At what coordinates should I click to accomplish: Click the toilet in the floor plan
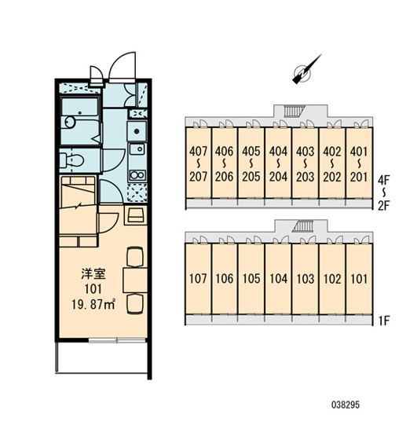point(71,161)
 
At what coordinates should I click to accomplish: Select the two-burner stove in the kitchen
point(137,175)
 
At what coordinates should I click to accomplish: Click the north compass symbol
point(305,71)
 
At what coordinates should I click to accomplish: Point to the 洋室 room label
point(93,274)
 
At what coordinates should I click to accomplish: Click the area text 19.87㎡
point(93,305)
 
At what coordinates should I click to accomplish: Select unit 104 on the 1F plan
point(278,279)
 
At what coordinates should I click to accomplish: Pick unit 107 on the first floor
point(198,279)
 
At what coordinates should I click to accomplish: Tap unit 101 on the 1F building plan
point(359,279)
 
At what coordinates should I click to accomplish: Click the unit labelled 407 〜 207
point(198,163)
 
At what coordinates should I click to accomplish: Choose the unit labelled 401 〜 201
point(359,163)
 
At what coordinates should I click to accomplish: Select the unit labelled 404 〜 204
point(278,163)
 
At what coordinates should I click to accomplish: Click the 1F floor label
point(384,321)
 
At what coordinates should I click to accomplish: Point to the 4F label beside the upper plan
point(384,181)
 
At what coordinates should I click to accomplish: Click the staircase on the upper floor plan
point(291,112)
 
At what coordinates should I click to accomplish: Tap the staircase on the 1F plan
point(303,226)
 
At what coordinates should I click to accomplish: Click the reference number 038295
point(346,405)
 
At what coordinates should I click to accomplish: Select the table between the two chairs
point(135,280)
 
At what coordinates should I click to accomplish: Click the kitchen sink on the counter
point(137,149)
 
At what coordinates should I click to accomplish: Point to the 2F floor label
point(384,206)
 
